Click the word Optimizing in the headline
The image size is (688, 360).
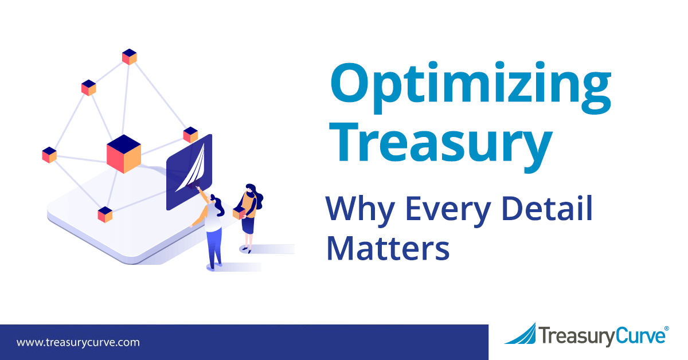[471, 87]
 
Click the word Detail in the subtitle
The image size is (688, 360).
[547, 208]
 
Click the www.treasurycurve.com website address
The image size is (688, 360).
[78, 342]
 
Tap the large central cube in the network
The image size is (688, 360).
[124, 154]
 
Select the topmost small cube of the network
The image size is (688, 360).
[130, 57]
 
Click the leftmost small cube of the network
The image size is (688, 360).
[49, 155]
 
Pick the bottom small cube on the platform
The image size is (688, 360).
[105, 214]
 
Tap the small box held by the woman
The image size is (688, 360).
[239, 213]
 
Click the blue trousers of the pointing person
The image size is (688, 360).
[214, 247]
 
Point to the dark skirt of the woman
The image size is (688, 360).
[248, 225]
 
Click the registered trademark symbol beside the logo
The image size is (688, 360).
[666, 328]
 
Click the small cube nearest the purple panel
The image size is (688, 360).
[190, 135]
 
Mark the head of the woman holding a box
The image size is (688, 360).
[251, 189]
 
